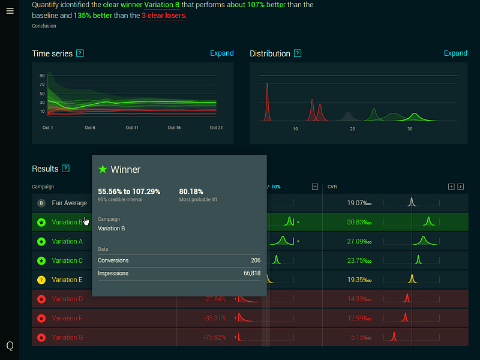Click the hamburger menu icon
tap(10, 11)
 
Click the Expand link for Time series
tap(221, 53)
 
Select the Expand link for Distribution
tap(455, 53)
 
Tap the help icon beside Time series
tap(80, 53)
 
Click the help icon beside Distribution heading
tap(298, 53)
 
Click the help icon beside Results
tap(66, 169)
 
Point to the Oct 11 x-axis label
tap(132, 128)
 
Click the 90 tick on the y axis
tap(43, 76)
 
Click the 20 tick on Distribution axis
tap(352, 129)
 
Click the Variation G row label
tap(67, 337)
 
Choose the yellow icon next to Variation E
tap(41, 280)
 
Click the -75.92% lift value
tap(214, 337)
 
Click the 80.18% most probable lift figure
tap(191, 191)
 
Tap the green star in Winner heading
tap(103, 170)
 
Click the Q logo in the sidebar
tap(10, 346)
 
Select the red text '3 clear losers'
tap(163, 16)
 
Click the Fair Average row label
tap(69, 203)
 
